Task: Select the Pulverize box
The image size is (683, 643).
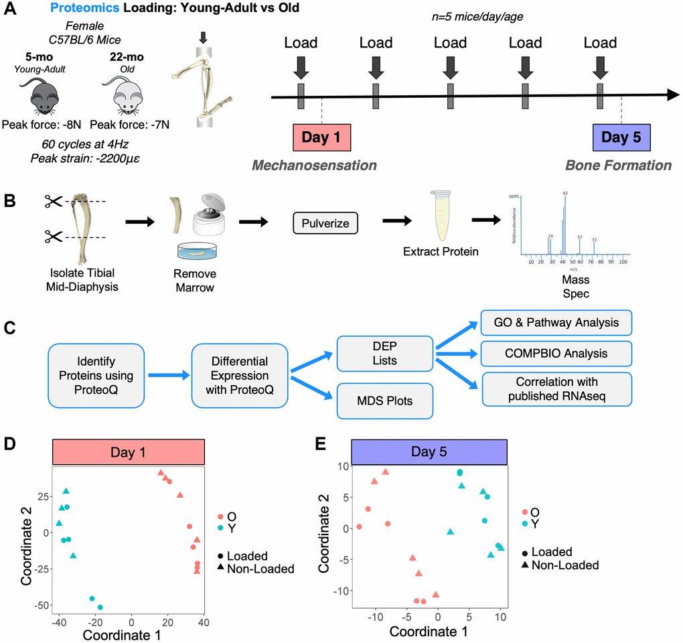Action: (325, 224)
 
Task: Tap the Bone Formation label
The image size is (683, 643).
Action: (618, 165)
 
